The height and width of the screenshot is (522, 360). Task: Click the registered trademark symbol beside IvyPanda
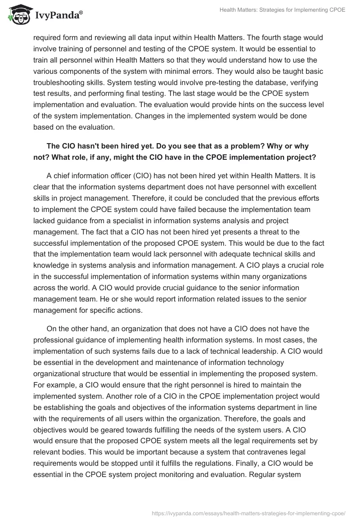pyautogui.click(x=81, y=12)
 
